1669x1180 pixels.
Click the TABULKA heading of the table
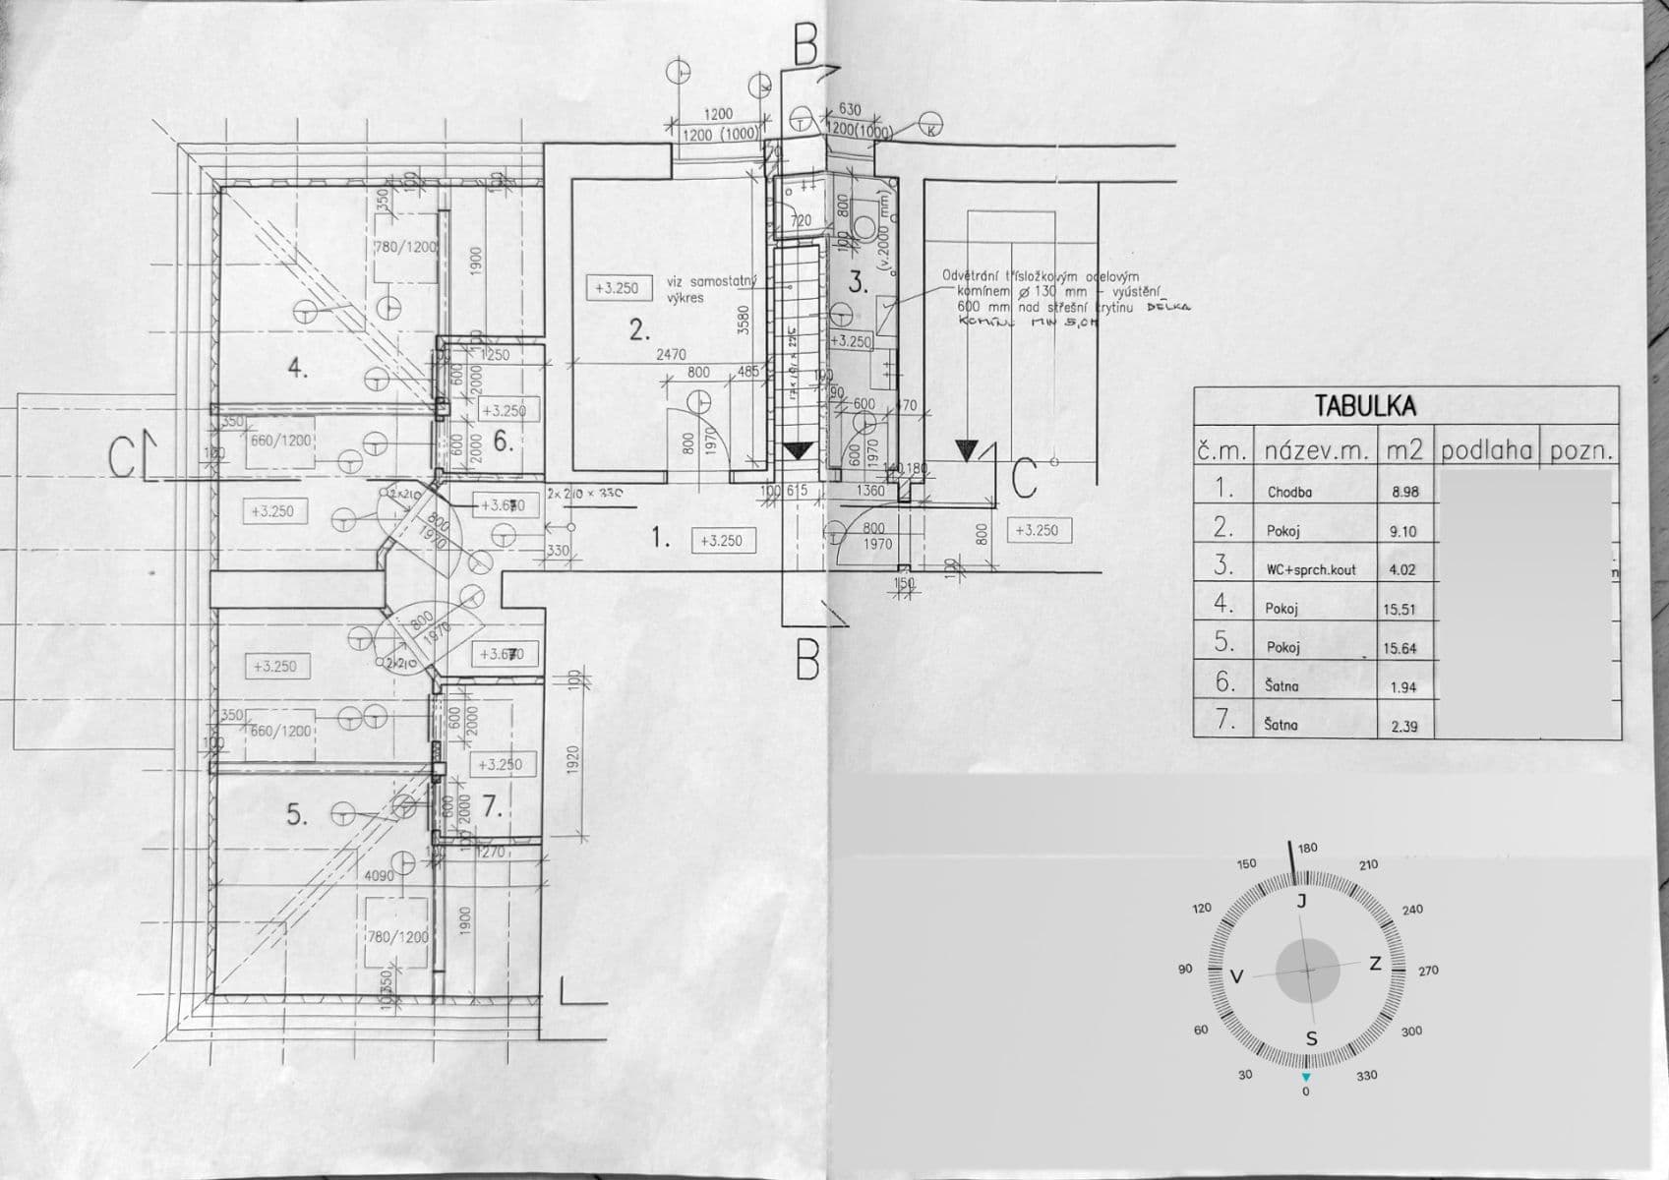(x=1365, y=405)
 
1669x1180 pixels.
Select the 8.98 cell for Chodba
(x=1404, y=492)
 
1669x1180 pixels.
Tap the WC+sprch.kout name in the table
(x=1310, y=569)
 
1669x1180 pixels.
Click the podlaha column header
(x=1486, y=451)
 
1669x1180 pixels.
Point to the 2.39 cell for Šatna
(x=1403, y=726)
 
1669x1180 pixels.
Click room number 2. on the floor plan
(x=639, y=329)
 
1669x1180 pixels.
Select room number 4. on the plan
(x=298, y=369)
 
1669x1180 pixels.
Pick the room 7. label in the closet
(x=493, y=808)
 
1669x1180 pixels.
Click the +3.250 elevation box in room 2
(x=617, y=288)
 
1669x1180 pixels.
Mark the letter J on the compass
(x=1301, y=902)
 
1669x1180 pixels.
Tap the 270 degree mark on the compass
(x=1428, y=971)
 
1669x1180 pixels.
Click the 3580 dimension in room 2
(x=745, y=320)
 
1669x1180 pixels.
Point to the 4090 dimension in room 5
(x=379, y=875)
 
